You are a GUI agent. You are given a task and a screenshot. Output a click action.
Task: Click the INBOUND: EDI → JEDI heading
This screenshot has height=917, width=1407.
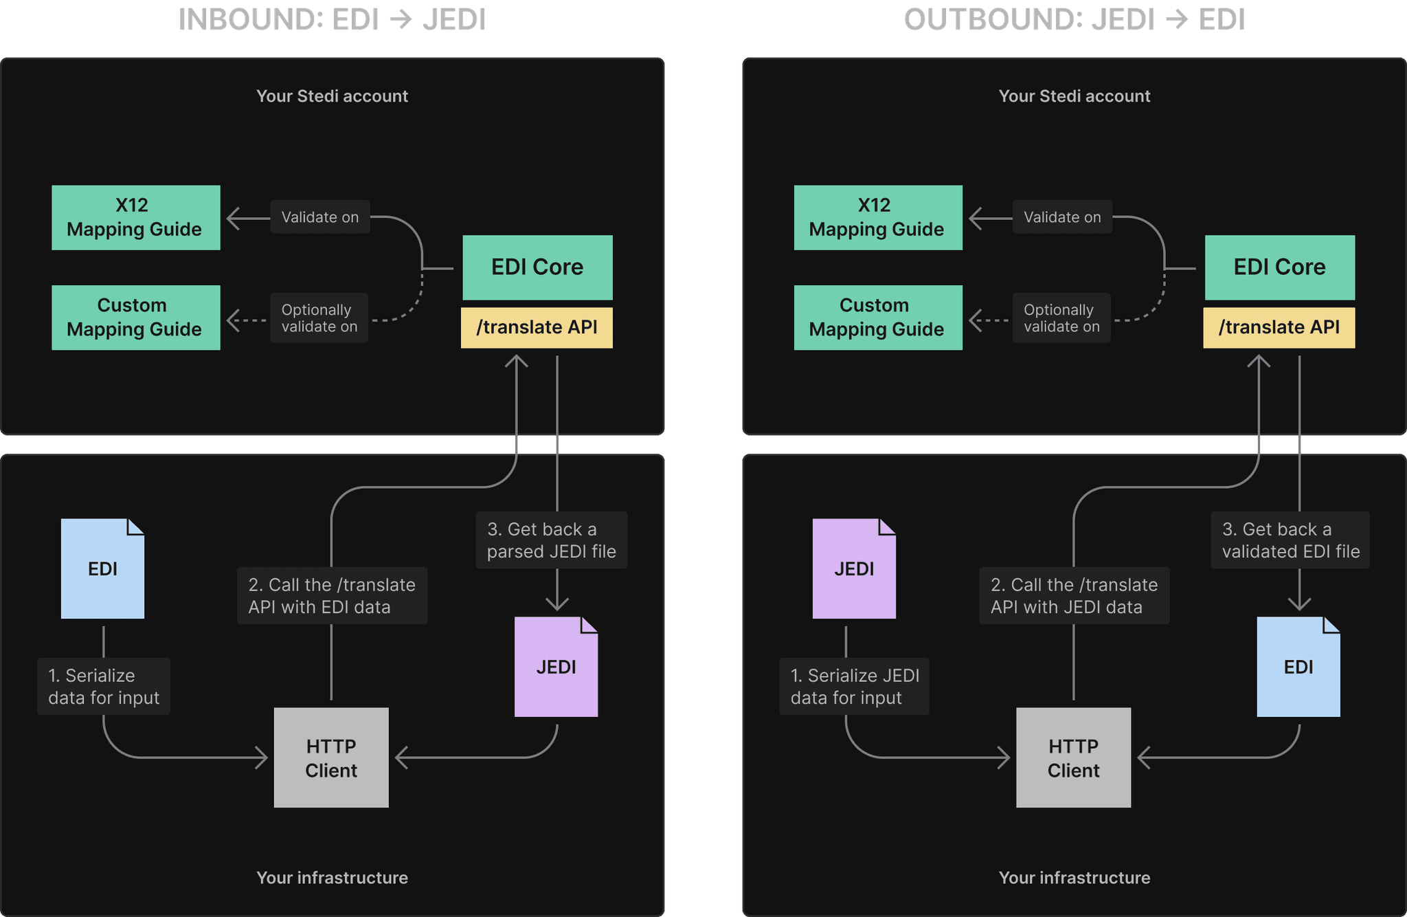tap(332, 19)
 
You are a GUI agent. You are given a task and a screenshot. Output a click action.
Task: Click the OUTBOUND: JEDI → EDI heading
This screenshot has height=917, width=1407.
tap(1074, 19)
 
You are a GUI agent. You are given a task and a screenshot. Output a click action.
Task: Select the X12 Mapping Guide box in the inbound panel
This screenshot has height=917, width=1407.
tap(135, 217)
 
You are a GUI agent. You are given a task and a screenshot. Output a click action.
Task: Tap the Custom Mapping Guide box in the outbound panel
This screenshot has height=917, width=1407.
tap(877, 318)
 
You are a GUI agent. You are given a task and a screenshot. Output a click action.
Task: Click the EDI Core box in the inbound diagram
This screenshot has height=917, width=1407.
tap(537, 267)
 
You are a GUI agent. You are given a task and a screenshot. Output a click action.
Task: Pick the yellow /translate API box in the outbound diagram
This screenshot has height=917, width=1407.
tap(1279, 327)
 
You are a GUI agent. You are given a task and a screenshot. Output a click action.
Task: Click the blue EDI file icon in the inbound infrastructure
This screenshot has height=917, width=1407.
tap(102, 569)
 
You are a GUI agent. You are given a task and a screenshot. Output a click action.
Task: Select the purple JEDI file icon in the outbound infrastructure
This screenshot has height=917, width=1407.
tap(854, 569)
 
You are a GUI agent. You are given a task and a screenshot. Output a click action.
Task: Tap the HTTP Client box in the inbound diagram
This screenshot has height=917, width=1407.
tap(331, 758)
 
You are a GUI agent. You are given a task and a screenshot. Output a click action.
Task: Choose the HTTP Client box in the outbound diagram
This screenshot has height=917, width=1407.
tap(1073, 758)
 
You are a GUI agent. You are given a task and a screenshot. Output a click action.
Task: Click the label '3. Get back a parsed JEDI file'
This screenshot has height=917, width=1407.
tap(551, 540)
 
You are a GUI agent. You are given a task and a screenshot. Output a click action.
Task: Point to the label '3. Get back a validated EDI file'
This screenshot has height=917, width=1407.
tap(1290, 540)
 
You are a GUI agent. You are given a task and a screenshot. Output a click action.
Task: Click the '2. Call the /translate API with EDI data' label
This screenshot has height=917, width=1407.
tap(332, 595)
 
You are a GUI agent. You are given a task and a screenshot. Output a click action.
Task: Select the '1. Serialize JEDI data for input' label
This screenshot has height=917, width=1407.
tap(854, 686)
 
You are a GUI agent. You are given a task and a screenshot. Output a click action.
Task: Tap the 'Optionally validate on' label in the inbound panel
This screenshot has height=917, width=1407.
tap(319, 318)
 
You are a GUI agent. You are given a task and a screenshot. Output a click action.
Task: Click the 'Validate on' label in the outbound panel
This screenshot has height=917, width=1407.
tap(1061, 217)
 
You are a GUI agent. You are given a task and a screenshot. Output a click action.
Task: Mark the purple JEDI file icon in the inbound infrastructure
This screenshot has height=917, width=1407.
tap(556, 667)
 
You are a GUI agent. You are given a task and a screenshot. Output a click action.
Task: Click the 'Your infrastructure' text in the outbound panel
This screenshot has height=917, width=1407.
tap(1074, 878)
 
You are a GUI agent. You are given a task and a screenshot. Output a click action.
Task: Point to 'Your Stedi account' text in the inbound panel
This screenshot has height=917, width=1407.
tap(332, 96)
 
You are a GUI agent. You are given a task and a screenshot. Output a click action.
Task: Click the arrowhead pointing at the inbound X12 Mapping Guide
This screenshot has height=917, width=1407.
tap(232, 219)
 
